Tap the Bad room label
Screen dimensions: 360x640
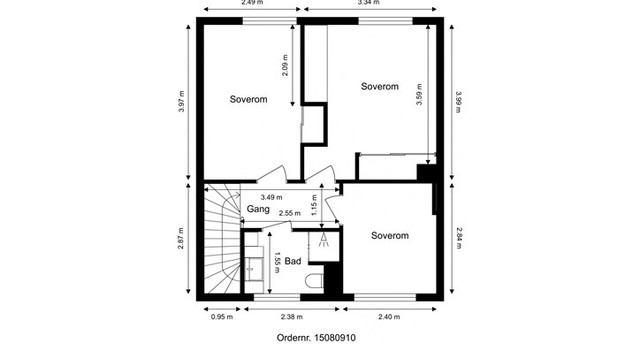pyautogui.click(x=293, y=261)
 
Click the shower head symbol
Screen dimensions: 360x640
pyautogui.click(x=324, y=239)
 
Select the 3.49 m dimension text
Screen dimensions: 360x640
pyautogui.click(x=271, y=197)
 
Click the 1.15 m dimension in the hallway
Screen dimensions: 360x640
pyautogui.click(x=315, y=205)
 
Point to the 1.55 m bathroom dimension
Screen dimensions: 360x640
pyautogui.click(x=277, y=263)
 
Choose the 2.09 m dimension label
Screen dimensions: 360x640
pyautogui.click(x=284, y=66)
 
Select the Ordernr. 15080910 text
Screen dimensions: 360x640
pyautogui.click(x=315, y=338)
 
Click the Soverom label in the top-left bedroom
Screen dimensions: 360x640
pyautogui.click(x=248, y=100)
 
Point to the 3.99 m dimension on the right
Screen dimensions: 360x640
pyautogui.click(x=458, y=103)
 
